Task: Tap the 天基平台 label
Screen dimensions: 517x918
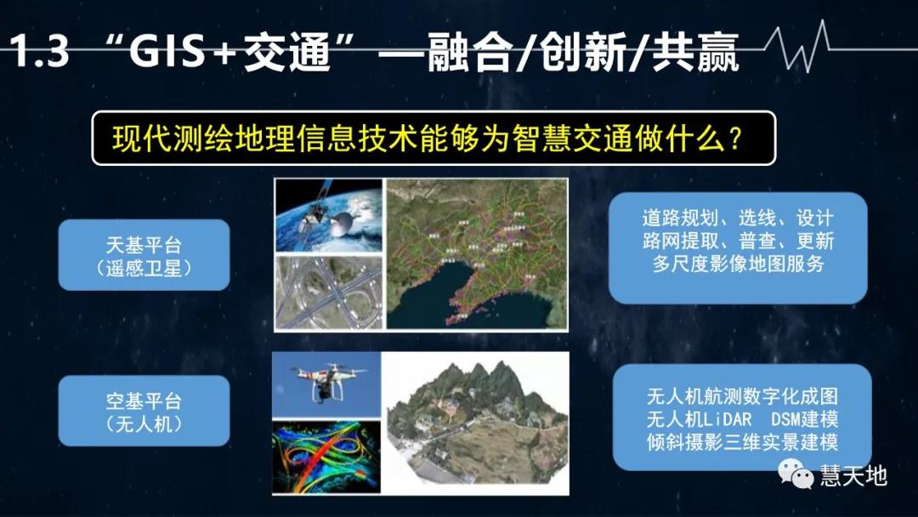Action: [144, 246]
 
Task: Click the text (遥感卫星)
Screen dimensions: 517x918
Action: [144, 267]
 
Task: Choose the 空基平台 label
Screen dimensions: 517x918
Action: [144, 401]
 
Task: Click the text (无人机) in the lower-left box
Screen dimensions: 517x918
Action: [144, 423]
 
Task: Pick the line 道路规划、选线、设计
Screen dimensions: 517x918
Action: [738, 218]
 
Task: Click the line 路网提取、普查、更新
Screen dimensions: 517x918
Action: [738, 241]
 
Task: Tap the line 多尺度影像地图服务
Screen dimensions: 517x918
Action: [738, 264]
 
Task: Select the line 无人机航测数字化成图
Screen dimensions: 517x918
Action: [741, 396]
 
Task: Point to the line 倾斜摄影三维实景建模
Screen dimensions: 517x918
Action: [741, 442]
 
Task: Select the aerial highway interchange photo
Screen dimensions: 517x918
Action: [328, 293]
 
